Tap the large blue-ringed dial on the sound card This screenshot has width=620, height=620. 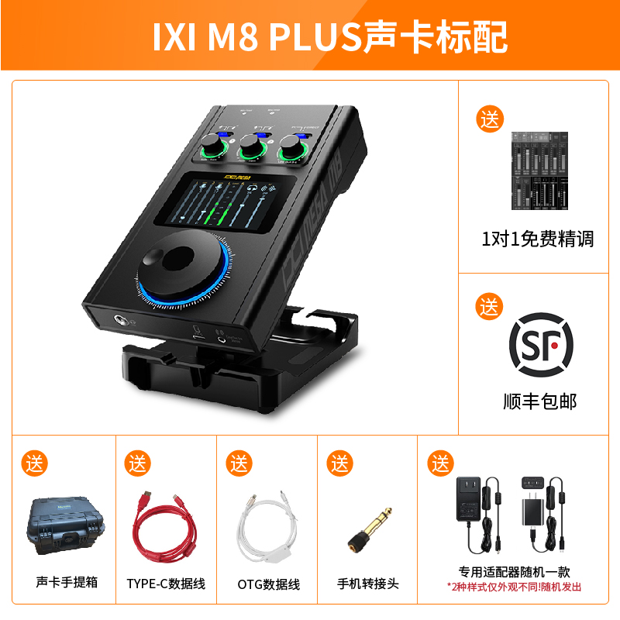pyautogui.click(x=183, y=268)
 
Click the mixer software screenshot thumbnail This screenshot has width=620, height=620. pyautogui.click(x=539, y=170)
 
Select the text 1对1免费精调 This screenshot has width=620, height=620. pyautogui.click(x=538, y=239)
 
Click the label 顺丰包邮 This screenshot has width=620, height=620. pyautogui.click(x=539, y=401)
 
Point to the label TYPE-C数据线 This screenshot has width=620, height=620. pyautogui.click(x=166, y=584)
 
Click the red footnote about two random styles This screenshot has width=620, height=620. pyautogui.click(x=518, y=587)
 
